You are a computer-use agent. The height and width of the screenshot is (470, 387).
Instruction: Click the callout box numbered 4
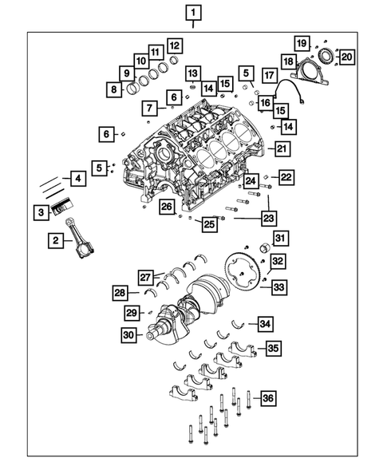pos(77,180)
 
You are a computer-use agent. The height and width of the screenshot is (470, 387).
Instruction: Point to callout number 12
pos(173,45)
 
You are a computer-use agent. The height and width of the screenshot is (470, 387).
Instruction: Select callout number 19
pos(301,42)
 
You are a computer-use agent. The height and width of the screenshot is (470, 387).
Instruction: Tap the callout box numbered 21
pos(282,148)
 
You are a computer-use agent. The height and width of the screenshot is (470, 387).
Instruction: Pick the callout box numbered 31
pos(280,238)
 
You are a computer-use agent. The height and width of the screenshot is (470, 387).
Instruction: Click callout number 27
pos(146,277)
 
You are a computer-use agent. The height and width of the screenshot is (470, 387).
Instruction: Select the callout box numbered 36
pos(268,398)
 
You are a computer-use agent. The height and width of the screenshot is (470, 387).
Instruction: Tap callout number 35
pos(273,348)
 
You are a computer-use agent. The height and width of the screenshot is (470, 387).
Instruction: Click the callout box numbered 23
pos(268,216)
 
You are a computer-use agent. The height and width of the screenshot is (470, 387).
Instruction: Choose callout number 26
pos(166,207)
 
